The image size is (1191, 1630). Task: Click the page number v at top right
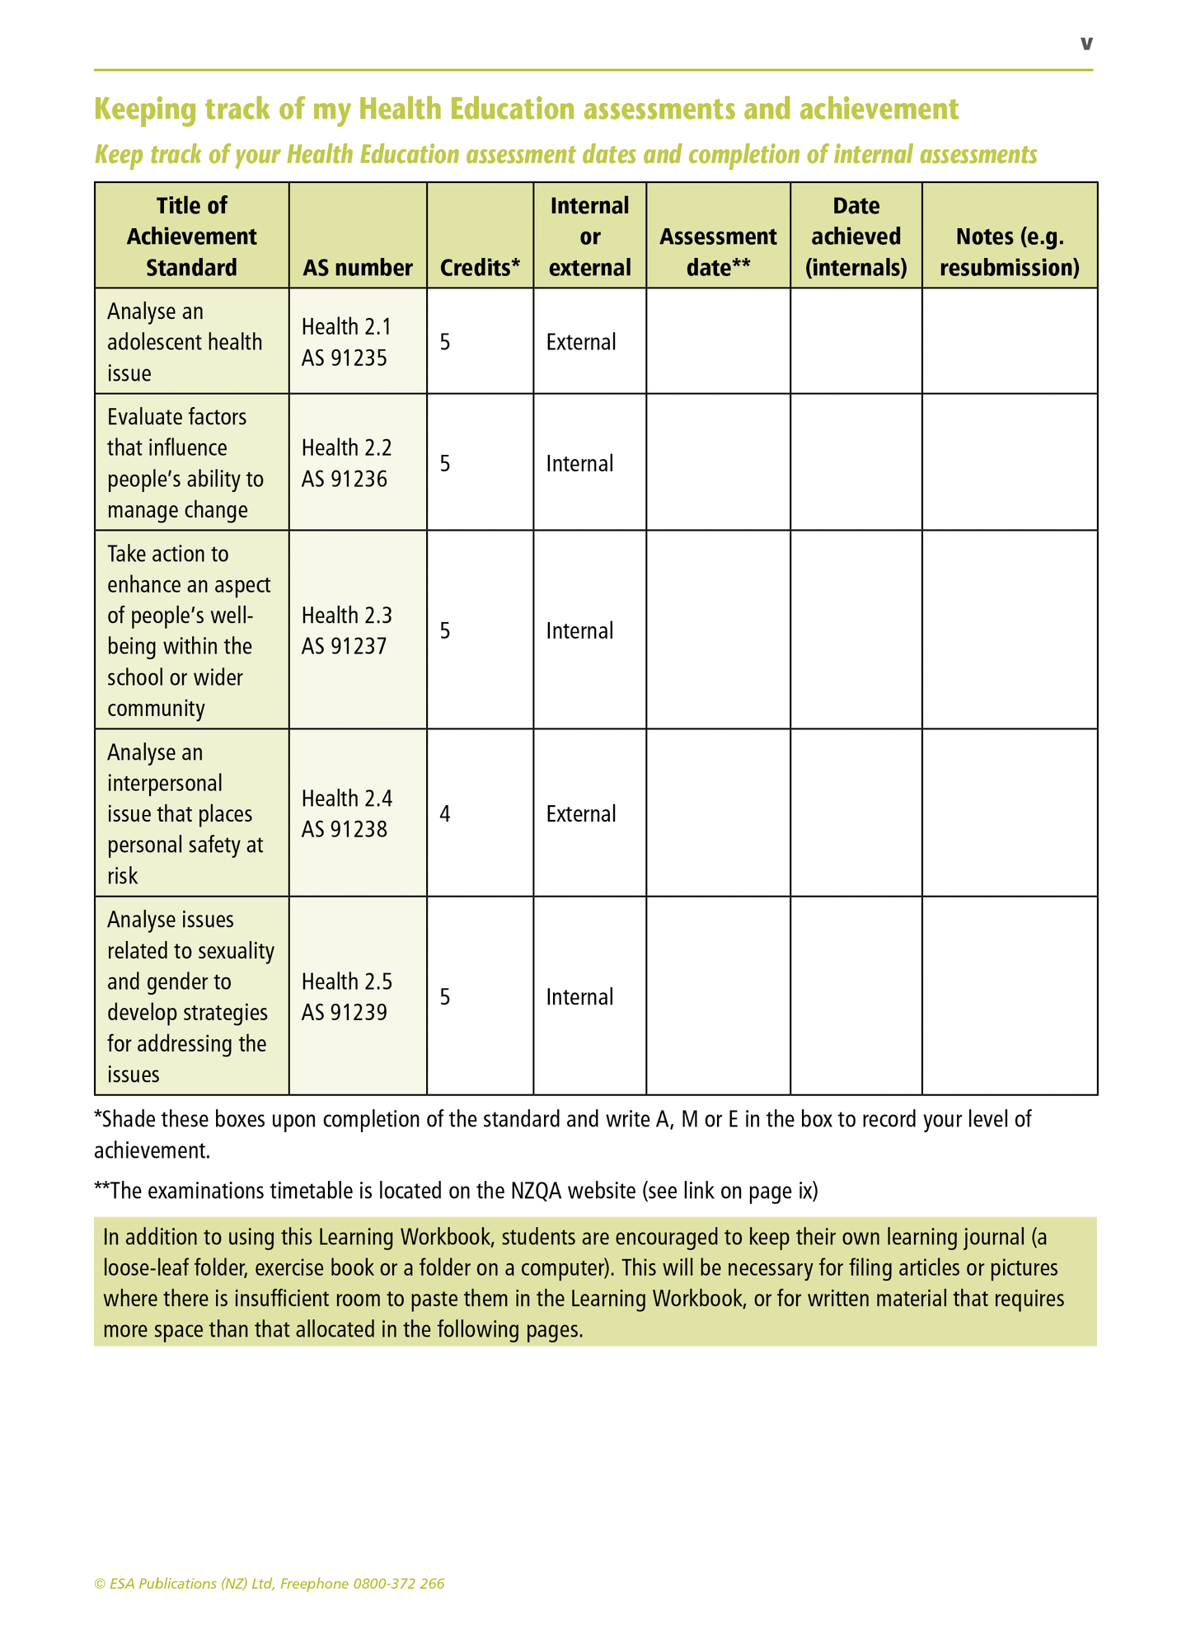[1086, 44]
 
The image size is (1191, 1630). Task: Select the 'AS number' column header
[358, 268]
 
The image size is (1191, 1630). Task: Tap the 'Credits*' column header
[480, 268]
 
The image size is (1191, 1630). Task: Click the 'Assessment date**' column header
[718, 252]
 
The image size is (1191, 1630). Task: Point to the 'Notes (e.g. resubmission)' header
[1009, 252]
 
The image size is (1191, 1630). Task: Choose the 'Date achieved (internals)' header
[856, 237]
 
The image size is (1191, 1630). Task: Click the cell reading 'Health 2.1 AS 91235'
[345, 342]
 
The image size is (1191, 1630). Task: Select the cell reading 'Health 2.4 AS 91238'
[347, 813]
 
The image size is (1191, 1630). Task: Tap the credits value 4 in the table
[445, 814]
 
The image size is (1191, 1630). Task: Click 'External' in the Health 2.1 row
[581, 342]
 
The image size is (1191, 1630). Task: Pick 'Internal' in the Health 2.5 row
[579, 997]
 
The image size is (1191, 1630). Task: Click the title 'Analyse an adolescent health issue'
[185, 342]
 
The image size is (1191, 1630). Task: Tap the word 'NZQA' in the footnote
[537, 1191]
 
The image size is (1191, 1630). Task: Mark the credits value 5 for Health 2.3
[445, 630]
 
